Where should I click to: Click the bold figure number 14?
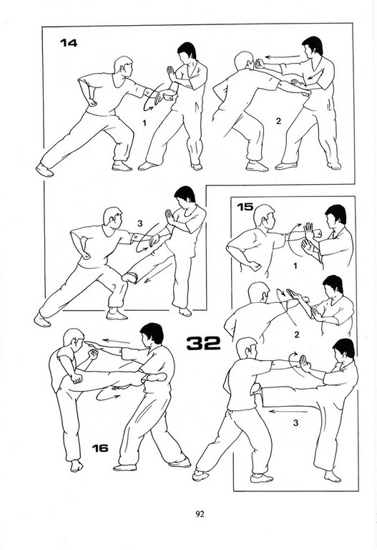click(69, 43)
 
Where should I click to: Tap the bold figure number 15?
click(245, 206)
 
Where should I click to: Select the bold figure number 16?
click(100, 448)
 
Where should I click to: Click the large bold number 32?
click(203, 343)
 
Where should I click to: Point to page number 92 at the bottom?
click(200, 514)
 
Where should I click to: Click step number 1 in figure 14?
click(145, 122)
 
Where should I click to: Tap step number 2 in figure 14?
click(278, 121)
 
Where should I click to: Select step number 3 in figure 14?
click(140, 223)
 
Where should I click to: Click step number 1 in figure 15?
click(295, 266)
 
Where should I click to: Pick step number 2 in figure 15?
click(296, 334)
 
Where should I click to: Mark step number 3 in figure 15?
click(295, 423)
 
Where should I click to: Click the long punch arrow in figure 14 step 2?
click(283, 56)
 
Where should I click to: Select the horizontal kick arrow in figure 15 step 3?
click(288, 411)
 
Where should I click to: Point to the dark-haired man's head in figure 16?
click(152, 334)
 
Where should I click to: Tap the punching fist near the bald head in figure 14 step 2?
click(260, 63)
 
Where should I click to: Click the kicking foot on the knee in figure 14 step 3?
click(131, 277)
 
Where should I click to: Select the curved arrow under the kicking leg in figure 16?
click(106, 395)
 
